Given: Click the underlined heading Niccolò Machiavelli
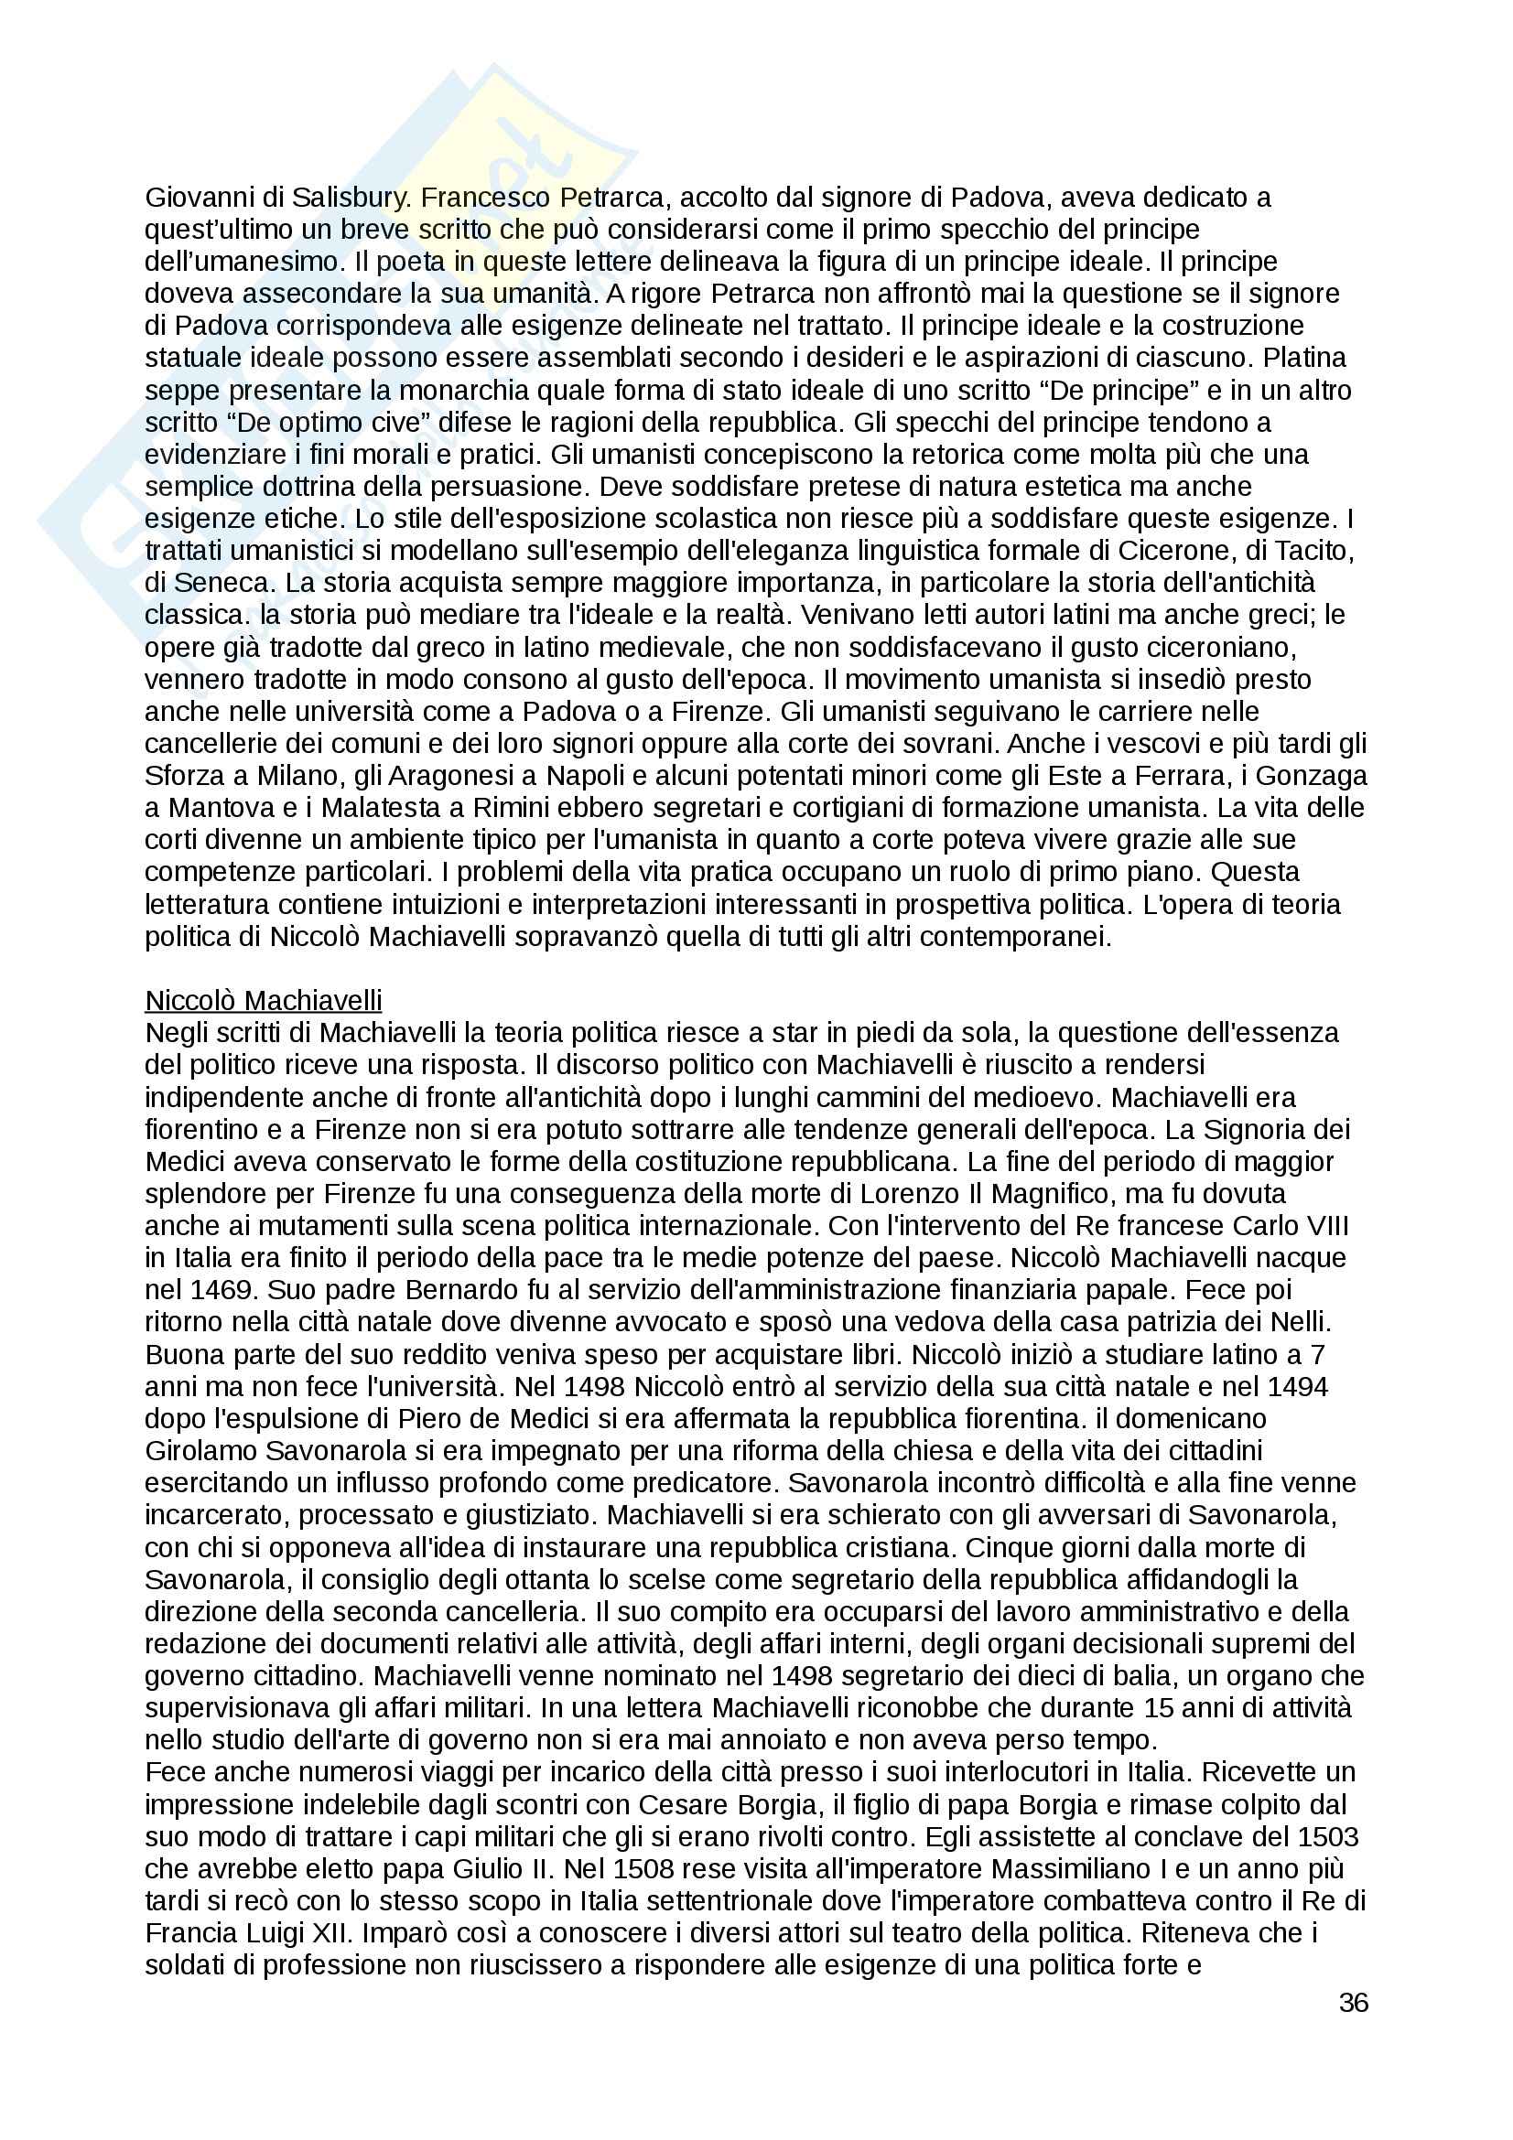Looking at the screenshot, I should click(263, 1001).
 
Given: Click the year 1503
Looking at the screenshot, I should click(1327, 1837).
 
